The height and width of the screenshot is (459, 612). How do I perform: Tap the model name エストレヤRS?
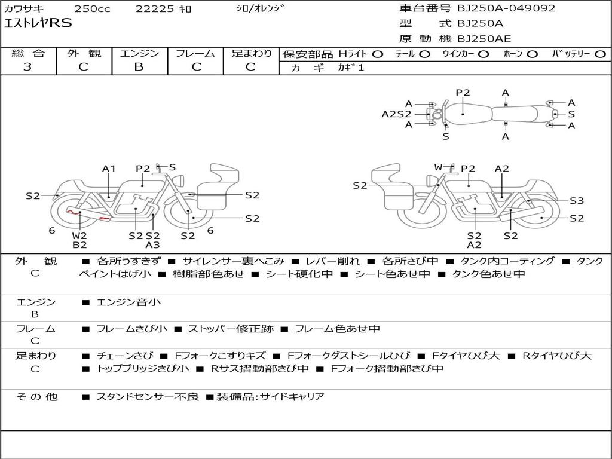point(38,23)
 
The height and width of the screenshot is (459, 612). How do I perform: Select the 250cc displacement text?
point(93,8)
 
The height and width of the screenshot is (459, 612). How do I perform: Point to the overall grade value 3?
point(27,67)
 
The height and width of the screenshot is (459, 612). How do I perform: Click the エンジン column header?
point(139,53)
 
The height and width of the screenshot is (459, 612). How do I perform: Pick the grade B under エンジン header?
point(139,67)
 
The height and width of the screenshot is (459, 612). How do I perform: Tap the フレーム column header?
point(195,53)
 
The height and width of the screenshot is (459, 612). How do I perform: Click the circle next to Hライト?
point(378,54)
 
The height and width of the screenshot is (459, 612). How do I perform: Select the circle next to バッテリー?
point(601,54)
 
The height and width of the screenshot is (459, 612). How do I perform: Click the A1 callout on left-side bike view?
point(109,169)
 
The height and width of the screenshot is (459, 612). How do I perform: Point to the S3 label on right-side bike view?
point(577,201)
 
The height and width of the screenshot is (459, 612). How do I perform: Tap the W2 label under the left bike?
point(79,235)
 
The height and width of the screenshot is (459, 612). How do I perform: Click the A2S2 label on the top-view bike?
point(397,114)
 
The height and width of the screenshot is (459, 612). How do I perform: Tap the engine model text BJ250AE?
point(484,39)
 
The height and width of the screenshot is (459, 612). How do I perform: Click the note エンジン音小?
point(128,302)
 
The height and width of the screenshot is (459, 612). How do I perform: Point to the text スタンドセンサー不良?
point(147,397)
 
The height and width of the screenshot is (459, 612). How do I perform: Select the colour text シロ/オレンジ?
point(259,8)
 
